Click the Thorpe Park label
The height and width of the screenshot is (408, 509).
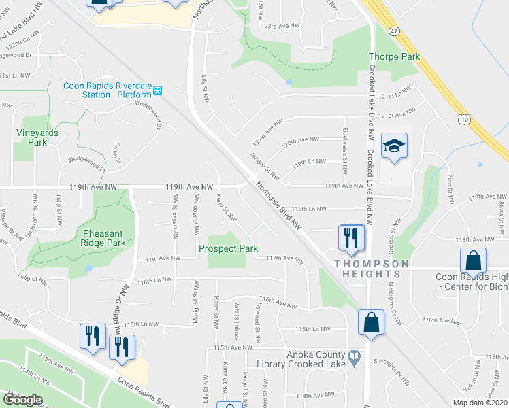tap(394, 57)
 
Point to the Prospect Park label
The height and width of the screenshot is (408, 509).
tap(228, 248)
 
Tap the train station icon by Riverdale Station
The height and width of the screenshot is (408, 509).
tap(157, 90)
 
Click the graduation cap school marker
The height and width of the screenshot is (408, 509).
tap(394, 146)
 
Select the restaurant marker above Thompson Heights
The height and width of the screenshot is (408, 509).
tap(352, 237)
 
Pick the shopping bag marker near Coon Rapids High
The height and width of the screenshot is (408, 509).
tap(473, 260)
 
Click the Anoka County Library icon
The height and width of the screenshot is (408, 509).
tap(355, 356)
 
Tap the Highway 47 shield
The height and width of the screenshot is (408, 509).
tap(393, 31)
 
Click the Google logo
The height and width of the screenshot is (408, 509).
tap(22, 400)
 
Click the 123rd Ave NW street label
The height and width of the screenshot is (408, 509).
tap(280, 25)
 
